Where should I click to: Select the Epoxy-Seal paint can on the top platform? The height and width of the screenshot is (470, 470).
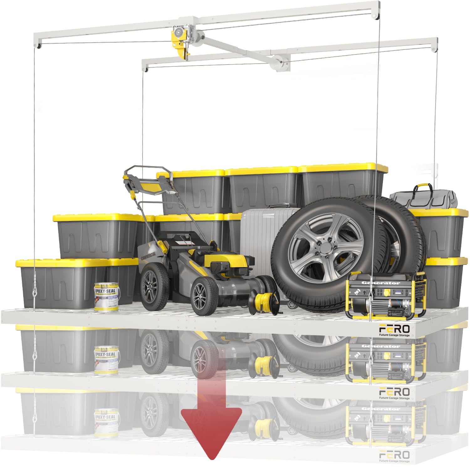click(107, 297)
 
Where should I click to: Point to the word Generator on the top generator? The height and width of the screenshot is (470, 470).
click(381, 283)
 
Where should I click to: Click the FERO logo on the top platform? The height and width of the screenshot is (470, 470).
click(394, 329)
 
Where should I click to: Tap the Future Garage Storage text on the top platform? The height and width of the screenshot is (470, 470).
click(394, 335)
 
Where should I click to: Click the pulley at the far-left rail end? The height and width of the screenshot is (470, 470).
click(38, 46)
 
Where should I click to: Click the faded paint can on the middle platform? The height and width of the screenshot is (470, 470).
click(107, 360)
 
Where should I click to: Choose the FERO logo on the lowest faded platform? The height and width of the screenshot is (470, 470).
click(394, 455)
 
